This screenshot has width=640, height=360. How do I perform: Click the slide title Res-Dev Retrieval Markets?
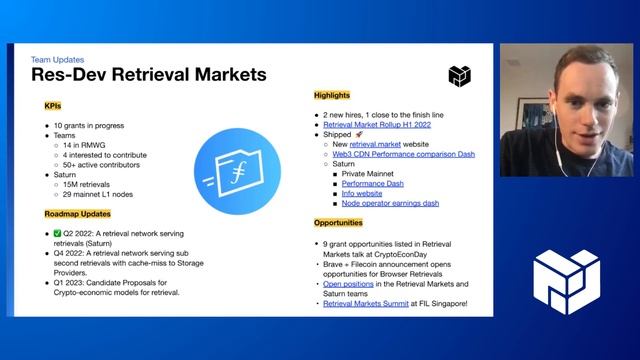[148, 74]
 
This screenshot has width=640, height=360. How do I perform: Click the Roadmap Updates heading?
[76, 214]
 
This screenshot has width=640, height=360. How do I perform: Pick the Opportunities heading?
[338, 222]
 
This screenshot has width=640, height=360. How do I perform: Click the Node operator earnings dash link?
[390, 203]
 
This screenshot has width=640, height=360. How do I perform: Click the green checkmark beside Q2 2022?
[59, 233]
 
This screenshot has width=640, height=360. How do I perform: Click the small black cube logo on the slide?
[459, 75]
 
